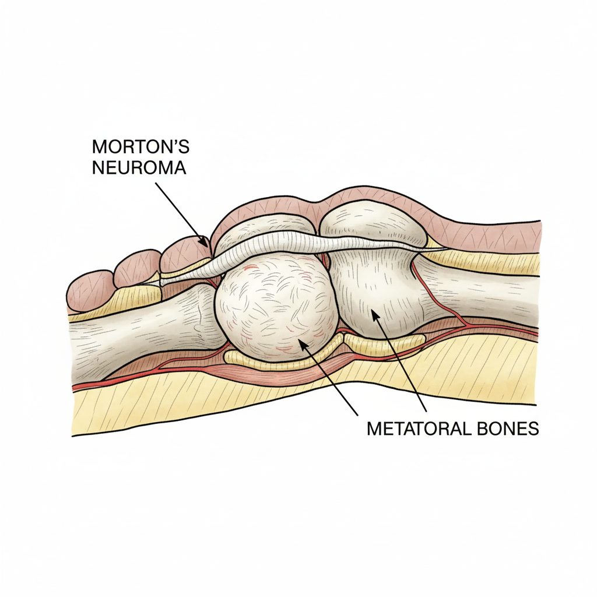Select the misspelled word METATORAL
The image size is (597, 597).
416,429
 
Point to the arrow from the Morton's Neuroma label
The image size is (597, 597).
181,212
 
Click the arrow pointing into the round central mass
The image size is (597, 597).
330,373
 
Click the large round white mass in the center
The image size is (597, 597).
276,307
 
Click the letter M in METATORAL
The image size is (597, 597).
374,429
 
